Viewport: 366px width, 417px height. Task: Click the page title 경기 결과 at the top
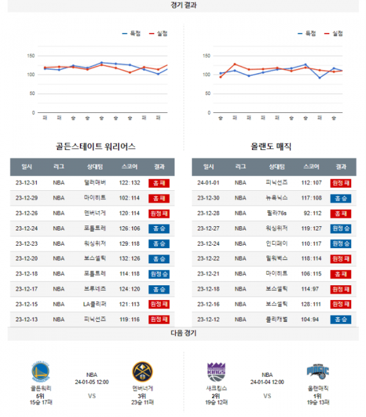[184, 5]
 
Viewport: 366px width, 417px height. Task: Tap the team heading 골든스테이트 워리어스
[95, 147]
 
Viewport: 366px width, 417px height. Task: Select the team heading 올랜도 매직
[271, 147]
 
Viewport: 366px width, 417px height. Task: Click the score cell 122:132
[129, 182]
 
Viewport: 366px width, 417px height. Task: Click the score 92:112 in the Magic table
[311, 213]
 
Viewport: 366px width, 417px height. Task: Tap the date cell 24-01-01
[209, 182]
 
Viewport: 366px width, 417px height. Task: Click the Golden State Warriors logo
[40, 372]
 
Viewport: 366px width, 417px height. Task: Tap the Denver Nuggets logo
[143, 372]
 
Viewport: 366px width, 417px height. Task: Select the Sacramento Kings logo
[217, 372]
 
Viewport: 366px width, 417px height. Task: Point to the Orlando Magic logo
[318, 372]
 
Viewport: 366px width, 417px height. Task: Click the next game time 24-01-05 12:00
[91, 382]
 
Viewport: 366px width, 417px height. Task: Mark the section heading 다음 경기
[184, 333]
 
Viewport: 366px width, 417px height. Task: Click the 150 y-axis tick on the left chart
[30, 55]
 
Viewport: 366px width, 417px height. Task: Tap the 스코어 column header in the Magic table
[311, 166]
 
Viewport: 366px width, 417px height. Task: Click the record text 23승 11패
[143, 402]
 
